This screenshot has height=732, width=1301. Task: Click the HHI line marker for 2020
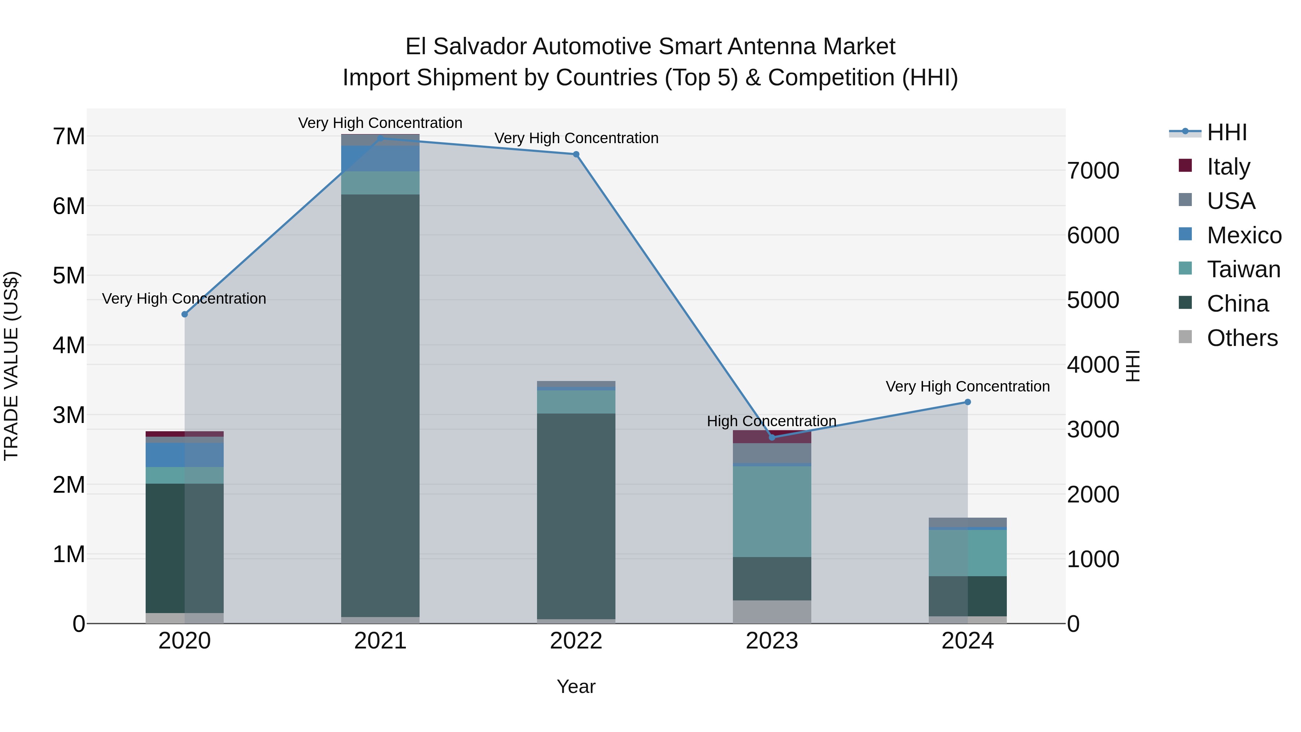(x=184, y=314)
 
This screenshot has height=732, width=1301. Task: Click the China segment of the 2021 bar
(x=380, y=404)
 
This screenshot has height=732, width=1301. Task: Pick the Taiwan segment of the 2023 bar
(x=772, y=511)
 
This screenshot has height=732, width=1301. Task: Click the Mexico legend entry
(x=1244, y=235)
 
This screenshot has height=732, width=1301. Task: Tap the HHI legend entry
(x=1226, y=132)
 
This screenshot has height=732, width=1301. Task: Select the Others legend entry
(x=1241, y=338)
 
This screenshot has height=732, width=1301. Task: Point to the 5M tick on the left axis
(x=69, y=276)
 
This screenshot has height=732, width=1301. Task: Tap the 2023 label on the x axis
(x=772, y=641)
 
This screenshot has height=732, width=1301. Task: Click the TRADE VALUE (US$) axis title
(x=11, y=366)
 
